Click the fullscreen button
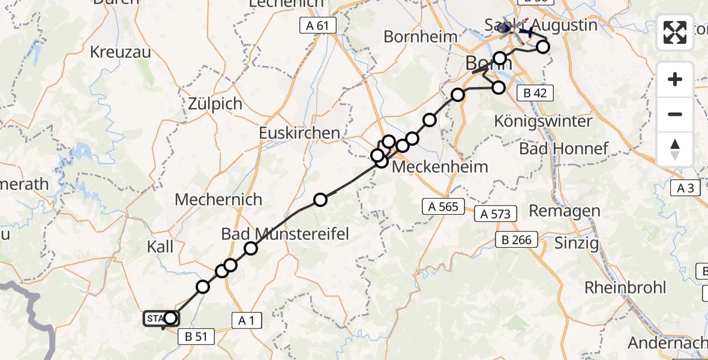(x=675, y=32)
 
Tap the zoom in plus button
(x=675, y=79)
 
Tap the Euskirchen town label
(x=299, y=133)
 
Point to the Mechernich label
(x=218, y=199)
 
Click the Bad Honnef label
(x=564, y=148)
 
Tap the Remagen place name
(x=564, y=211)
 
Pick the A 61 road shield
(x=318, y=25)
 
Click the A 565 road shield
(x=443, y=207)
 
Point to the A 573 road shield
(x=496, y=213)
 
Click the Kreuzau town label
(x=119, y=52)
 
